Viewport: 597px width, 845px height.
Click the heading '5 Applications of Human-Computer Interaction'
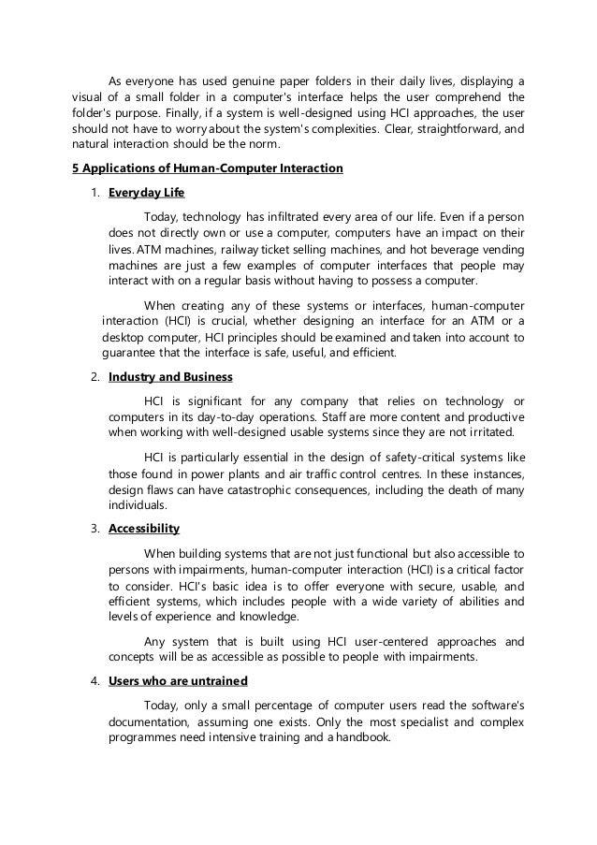(x=208, y=169)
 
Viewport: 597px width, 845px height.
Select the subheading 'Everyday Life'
(x=147, y=194)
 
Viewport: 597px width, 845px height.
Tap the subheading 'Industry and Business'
(x=170, y=376)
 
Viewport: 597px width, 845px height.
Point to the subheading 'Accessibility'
(x=144, y=529)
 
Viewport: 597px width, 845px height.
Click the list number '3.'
(x=95, y=529)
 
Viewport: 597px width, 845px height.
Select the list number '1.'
(x=95, y=194)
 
